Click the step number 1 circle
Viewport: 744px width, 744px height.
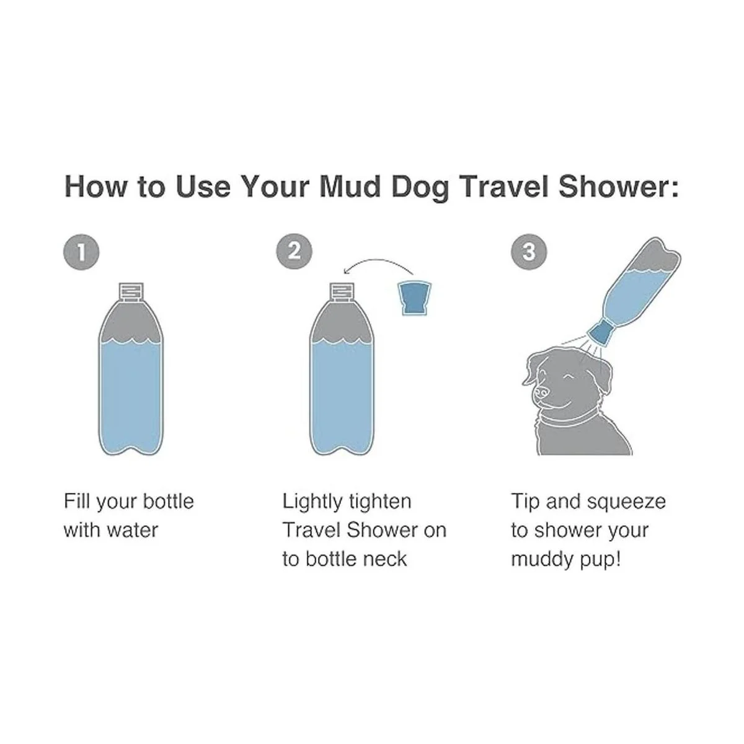[x=81, y=252]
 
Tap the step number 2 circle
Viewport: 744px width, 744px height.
[x=294, y=252]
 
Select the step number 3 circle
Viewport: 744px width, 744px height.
[x=529, y=252]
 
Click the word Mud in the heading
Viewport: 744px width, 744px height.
[x=350, y=187]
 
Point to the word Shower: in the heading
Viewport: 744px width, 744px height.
[x=618, y=187]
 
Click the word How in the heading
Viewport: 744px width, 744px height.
[x=95, y=187]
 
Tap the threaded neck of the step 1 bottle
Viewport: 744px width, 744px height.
[x=131, y=292]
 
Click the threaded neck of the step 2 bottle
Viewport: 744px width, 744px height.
[x=342, y=292]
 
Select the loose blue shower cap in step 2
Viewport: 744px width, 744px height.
[x=415, y=298]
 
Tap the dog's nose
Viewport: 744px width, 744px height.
[x=541, y=393]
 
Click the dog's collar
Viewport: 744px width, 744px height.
[x=569, y=419]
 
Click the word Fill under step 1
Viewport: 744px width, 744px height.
[x=77, y=502]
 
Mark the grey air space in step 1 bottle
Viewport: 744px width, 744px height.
[x=131, y=322]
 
